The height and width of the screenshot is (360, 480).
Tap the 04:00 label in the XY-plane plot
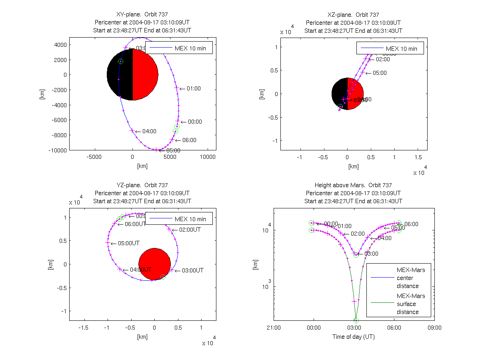pos(148,131)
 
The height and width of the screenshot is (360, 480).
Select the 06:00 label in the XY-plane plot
pos(189,140)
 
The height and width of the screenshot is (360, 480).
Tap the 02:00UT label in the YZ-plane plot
pos(190,230)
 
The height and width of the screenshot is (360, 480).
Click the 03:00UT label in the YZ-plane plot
pos(192,270)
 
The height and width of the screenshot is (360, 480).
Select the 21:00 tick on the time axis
pos(274,328)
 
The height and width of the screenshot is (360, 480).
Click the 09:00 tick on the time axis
pos(434,328)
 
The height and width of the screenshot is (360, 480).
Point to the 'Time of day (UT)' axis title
pos(354,337)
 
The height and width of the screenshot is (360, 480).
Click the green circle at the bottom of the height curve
pos(356,320)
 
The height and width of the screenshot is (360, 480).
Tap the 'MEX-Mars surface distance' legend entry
pos(411,304)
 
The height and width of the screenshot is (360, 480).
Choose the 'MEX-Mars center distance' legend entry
pos(411,278)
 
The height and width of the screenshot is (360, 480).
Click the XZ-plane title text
pos(353,15)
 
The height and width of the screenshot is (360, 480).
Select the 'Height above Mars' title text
pos(353,185)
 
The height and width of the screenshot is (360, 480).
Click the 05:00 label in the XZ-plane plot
pos(380,73)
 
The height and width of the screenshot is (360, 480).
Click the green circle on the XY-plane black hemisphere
pos(120,61)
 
